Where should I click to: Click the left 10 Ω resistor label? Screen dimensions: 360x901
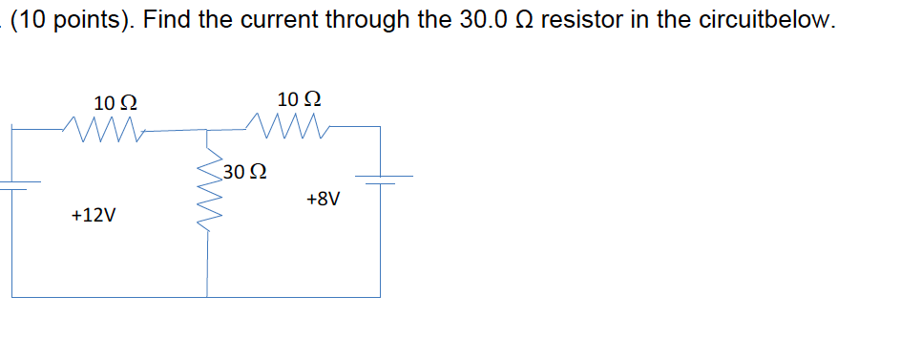[x=115, y=102]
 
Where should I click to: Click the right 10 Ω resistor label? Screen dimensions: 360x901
[x=299, y=98]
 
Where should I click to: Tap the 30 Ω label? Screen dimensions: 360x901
[x=244, y=173]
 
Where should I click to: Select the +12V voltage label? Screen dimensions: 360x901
[x=94, y=215]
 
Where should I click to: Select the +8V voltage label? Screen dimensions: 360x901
[x=324, y=200]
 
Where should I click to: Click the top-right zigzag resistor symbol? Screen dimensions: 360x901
[x=287, y=124]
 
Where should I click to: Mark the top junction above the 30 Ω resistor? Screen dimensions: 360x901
[x=208, y=129]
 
